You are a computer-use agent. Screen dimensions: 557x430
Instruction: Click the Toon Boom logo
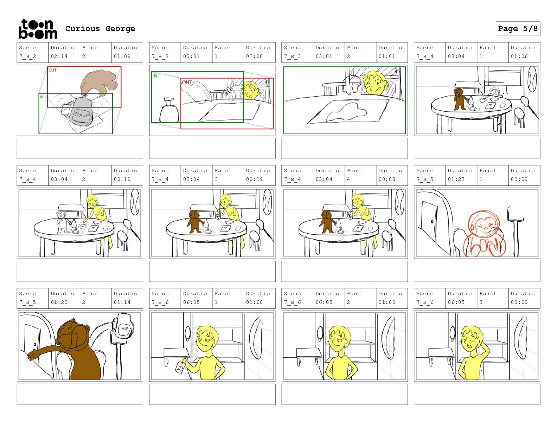38,29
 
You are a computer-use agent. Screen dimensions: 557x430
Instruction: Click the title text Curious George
100,28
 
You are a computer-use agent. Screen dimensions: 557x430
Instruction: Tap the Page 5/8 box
518,29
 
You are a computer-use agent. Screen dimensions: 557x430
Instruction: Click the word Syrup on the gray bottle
82,115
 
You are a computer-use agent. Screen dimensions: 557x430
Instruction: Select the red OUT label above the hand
52,70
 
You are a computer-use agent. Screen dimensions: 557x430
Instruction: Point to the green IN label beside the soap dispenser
155,76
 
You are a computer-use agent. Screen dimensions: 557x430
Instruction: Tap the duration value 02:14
59,56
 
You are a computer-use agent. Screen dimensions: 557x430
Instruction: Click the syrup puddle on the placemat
346,112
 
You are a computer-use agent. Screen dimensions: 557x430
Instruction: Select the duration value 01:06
519,56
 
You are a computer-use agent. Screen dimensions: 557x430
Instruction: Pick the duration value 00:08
387,179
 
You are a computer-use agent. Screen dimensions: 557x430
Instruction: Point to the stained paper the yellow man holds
180,367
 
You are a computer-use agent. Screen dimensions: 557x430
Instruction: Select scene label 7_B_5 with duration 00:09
424,179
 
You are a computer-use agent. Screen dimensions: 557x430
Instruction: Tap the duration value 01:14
122,302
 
